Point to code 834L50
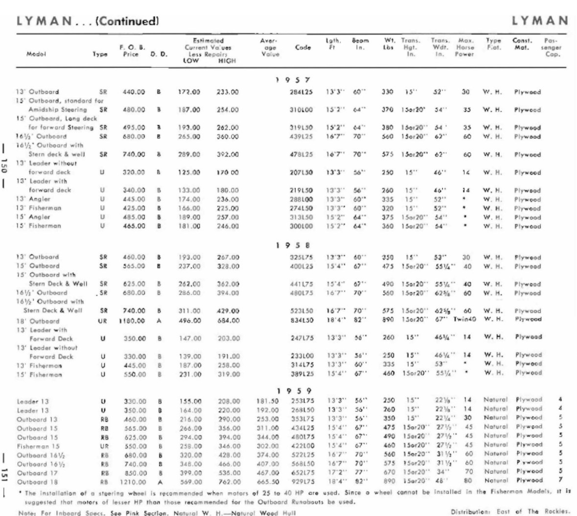(x=302, y=321)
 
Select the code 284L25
(x=302, y=92)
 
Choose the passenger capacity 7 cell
(x=559, y=481)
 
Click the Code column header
(x=303, y=47)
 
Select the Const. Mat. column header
(x=522, y=44)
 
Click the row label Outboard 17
(x=37, y=473)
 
